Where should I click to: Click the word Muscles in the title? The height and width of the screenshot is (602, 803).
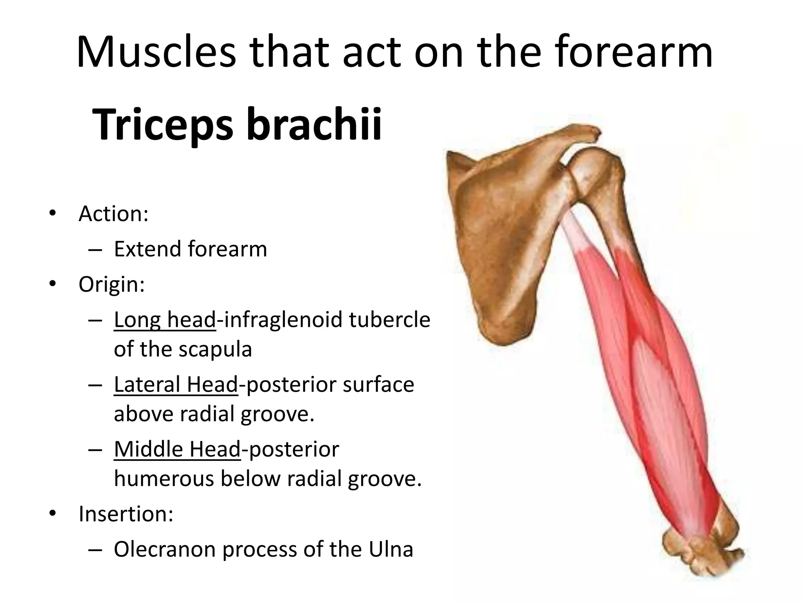coord(156,52)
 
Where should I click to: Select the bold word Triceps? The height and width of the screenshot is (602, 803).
coord(163,125)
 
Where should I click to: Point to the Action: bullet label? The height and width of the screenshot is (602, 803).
coord(113,214)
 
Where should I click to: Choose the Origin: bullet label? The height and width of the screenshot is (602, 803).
coord(112,285)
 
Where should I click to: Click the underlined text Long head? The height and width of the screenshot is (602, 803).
coord(165,319)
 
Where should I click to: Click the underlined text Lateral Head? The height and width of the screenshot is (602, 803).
coord(176,384)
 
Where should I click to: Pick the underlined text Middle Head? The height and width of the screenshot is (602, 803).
coord(177,449)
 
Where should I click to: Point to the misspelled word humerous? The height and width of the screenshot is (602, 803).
coord(164,479)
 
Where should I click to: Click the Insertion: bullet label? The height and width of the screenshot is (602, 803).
coord(126,514)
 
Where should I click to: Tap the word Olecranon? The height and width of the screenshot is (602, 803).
coord(164,549)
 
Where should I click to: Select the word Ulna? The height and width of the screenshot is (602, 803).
coord(391,549)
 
